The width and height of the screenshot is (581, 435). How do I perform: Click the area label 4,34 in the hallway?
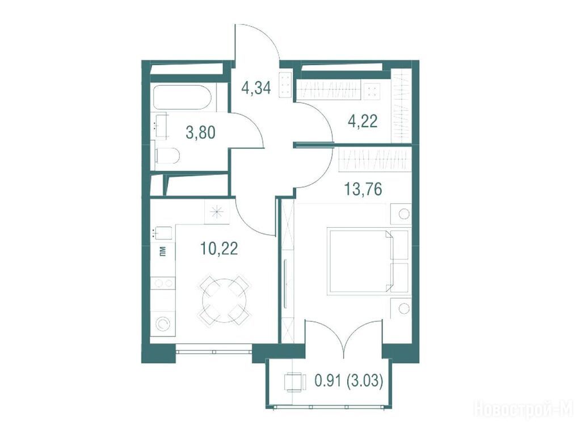[x=256, y=88]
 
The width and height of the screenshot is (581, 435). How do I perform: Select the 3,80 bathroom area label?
[x=200, y=132]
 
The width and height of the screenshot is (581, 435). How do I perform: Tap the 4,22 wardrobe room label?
[x=363, y=121]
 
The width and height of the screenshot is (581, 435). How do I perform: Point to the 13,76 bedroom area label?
[x=363, y=189]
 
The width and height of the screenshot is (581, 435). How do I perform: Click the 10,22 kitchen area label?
[x=219, y=248]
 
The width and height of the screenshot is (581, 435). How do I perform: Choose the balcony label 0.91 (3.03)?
[x=348, y=381]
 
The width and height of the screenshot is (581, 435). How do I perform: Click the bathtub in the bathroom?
[x=182, y=97]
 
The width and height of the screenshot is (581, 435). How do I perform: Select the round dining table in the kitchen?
[x=224, y=300]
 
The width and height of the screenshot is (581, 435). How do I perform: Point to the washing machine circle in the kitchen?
[x=162, y=325]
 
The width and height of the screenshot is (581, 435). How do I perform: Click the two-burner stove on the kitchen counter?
[x=163, y=283]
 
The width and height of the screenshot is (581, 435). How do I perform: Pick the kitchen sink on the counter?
[x=162, y=233]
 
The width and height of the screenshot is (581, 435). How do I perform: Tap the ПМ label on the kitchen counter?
[x=162, y=252]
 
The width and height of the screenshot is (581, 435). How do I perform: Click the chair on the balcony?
[x=295, y=381]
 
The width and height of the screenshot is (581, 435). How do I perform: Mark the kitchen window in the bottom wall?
[x=214, y=349]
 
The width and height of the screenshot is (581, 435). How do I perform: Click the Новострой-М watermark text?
[x=526, y=410]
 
